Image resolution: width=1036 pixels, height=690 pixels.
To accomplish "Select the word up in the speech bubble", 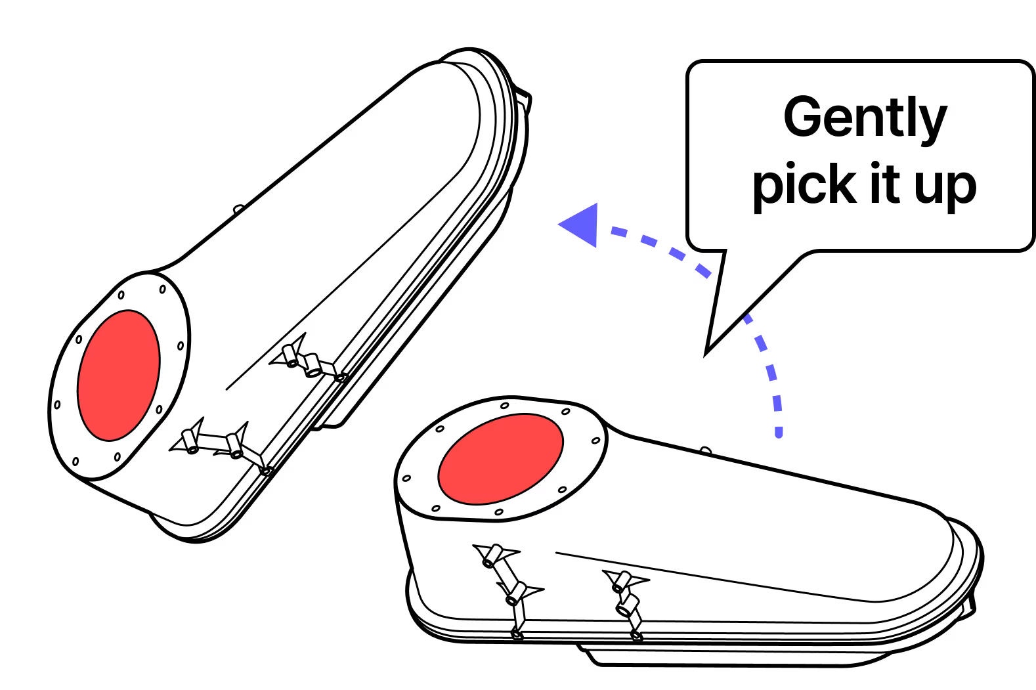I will click(946, 186).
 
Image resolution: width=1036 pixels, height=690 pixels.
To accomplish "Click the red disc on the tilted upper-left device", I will click(118, 375).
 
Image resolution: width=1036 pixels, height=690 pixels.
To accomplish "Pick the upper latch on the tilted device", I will click(309, 362).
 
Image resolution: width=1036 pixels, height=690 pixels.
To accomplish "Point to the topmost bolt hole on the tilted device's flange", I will click(162, 288).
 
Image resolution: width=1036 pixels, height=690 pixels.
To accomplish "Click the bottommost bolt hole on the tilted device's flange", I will click(76, 461).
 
